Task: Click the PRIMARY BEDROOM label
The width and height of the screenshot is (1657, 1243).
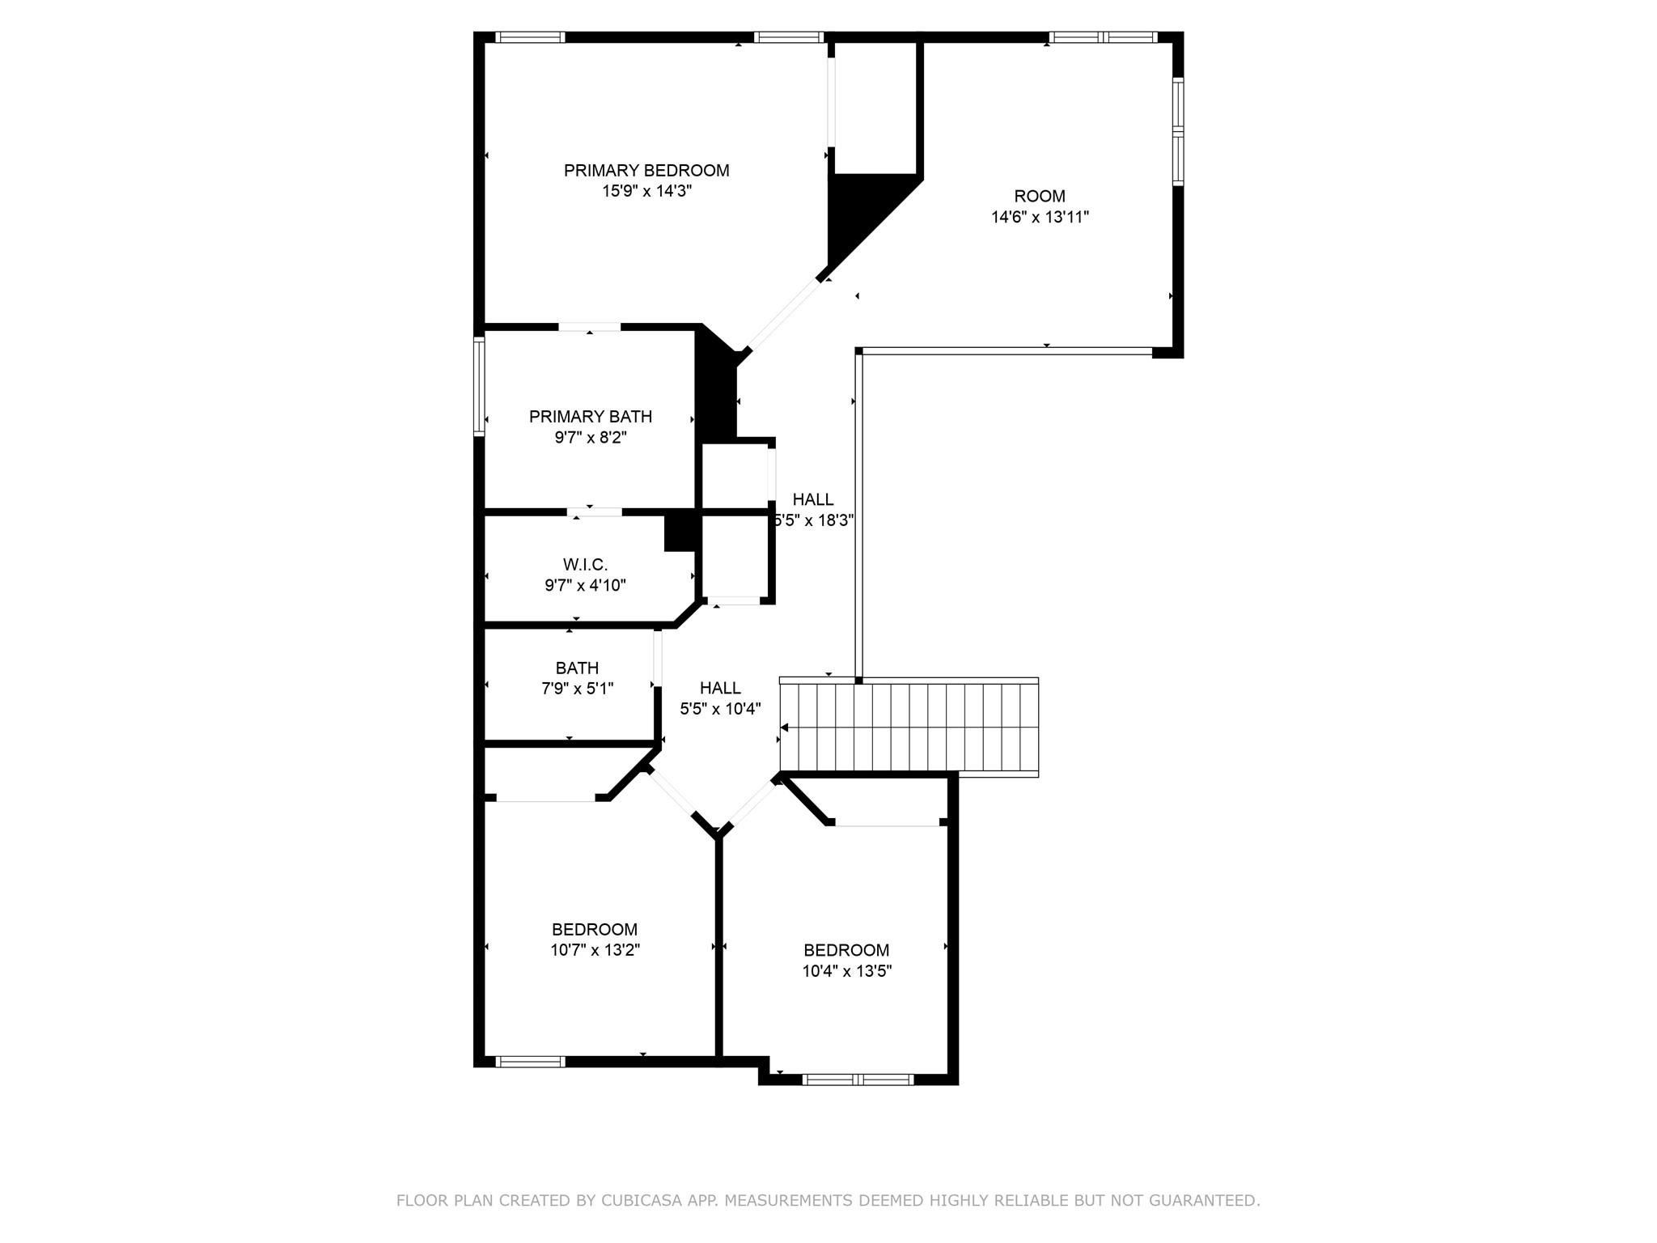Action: (x=646, y=171)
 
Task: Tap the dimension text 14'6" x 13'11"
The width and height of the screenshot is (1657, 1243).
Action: (x=1040, y=217)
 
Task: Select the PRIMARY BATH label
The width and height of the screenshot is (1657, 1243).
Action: (x=590, y=417)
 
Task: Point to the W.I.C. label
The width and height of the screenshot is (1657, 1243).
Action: (x=585, y=565)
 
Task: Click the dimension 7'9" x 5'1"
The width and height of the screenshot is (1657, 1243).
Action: (x=577, y=689)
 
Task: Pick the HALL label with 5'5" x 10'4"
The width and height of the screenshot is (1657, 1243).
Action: (x=720, y=688)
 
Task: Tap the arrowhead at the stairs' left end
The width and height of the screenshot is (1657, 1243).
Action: (x=785, y=728)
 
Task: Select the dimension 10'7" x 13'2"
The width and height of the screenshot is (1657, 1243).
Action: (x=595, y=950)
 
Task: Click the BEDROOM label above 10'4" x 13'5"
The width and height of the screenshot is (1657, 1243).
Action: (x=846, y=950)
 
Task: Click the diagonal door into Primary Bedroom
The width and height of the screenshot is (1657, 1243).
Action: (x=783, y=315)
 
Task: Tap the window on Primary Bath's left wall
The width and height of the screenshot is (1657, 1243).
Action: (x=479, y=387)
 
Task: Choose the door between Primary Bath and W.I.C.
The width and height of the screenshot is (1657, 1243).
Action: (x=595, y=512)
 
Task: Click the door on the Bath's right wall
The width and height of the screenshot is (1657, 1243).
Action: (x=658, y=657)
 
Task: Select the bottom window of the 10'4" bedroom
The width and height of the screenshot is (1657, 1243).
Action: (x=858, y=1079)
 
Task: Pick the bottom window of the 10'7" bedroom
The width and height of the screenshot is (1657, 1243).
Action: (x=530, y=1062)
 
